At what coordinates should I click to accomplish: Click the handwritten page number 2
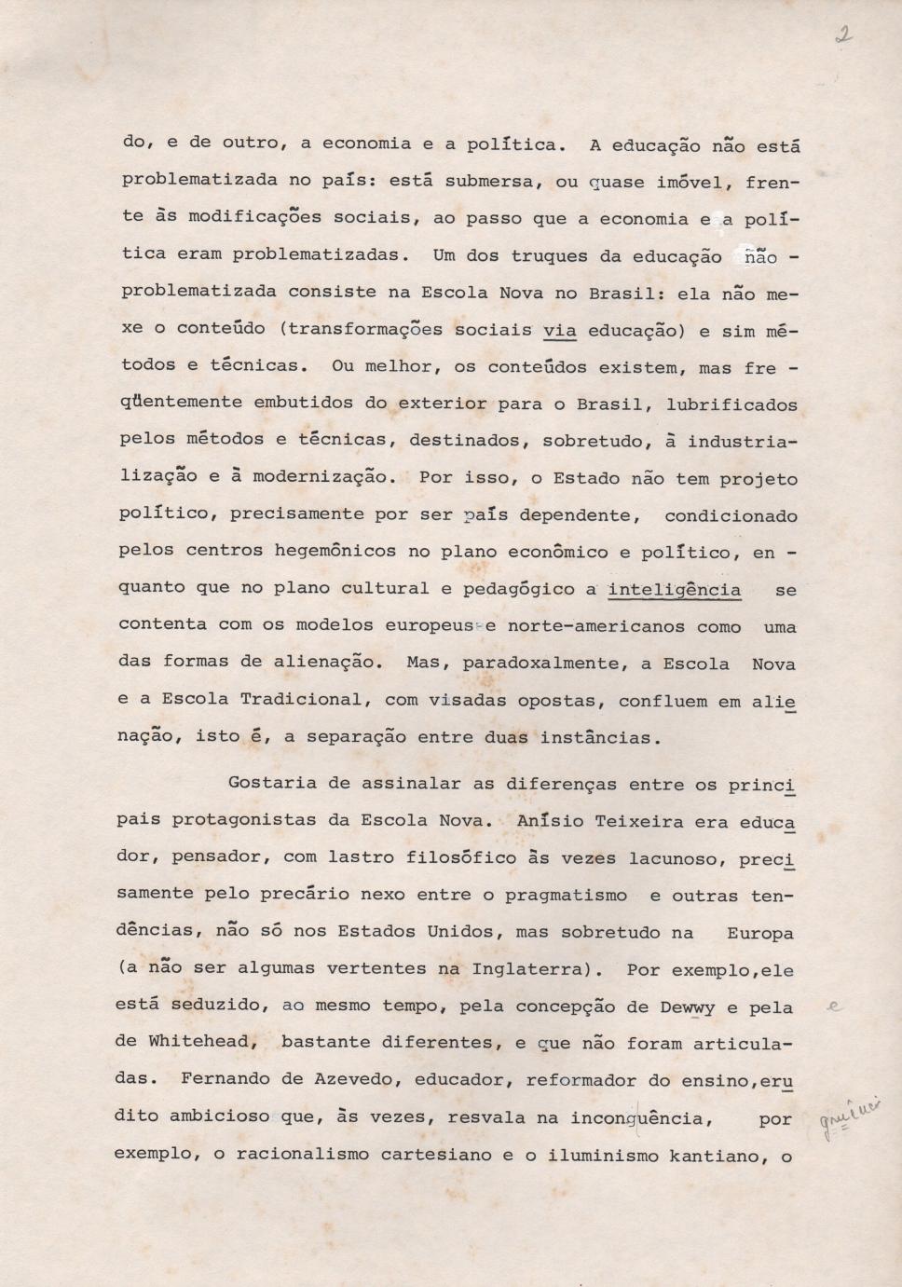(x=843, y=37)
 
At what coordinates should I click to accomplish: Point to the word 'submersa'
(x=494, y=181)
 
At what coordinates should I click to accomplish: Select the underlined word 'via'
(x=559, y=330)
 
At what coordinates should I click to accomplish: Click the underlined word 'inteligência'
(x=674, y=590)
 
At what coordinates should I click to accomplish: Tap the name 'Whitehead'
(x=197, y=1042)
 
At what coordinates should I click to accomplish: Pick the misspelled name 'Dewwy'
(x=687, y=1007)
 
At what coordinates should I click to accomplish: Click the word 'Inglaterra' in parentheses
(x=526, y=969)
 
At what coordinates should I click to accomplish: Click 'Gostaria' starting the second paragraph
(x=272, y=783)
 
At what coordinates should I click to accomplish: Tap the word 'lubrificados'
(x=732, y=405)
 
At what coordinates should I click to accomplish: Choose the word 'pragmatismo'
(x=566, y=896)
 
